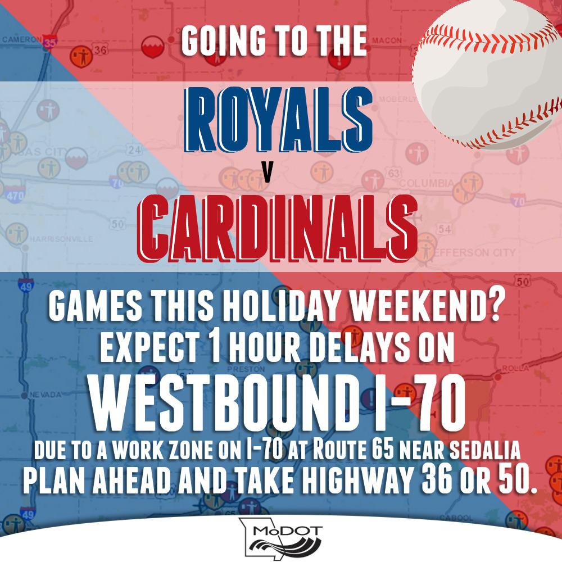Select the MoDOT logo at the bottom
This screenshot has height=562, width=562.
pyautogui.click(x=281, y=536)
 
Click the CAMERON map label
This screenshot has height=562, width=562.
pyautogui.click(x=22, y=40)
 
